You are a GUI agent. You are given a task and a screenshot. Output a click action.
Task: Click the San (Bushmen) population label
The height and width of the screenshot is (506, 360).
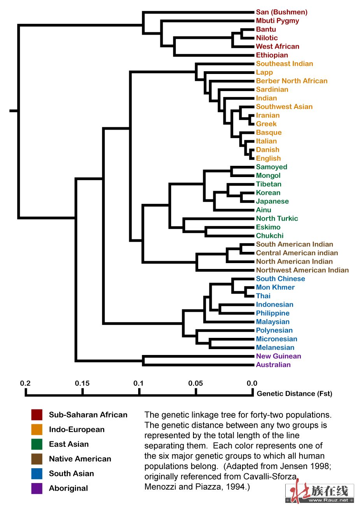coord(281,12)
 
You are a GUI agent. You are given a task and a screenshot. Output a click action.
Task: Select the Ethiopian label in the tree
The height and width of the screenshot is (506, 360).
coord(272,55)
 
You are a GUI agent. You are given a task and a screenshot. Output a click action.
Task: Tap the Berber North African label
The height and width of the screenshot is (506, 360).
coord(292,81)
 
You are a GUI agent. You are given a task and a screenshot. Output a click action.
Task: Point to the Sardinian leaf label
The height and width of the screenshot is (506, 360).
coord(272,90)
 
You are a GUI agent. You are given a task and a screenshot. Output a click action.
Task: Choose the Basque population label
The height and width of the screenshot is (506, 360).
coord(269,133)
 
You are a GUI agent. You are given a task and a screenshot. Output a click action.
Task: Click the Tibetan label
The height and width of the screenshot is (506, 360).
coord(269,184)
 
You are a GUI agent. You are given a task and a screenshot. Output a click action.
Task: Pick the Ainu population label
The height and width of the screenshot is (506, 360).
coord(263,210)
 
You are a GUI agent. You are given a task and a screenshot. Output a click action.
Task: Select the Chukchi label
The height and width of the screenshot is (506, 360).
coord(270,235)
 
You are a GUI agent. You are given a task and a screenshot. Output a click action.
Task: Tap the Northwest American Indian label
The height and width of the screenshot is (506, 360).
coord(302,270)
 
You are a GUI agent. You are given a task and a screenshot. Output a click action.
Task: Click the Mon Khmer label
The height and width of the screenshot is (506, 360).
coord(275,287)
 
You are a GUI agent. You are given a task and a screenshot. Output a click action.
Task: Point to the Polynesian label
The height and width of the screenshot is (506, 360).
coord(274,330)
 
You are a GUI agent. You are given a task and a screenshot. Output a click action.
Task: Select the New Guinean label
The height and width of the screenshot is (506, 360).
coord(278,356)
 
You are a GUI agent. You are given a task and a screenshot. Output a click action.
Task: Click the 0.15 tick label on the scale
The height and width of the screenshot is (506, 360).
coord(82,383)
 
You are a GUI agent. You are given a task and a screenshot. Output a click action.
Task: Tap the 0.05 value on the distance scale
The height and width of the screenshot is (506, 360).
coord(195,383)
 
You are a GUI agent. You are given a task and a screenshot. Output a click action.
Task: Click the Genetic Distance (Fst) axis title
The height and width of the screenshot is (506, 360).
coord(294,394)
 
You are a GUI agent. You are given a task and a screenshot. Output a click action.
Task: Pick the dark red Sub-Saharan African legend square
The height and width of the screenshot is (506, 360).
coord(37,415)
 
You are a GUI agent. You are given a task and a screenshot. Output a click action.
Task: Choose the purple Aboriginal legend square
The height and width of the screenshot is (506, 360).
coord(37,488)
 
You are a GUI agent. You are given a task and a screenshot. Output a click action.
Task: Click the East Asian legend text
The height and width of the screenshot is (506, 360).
coord(69,444)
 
